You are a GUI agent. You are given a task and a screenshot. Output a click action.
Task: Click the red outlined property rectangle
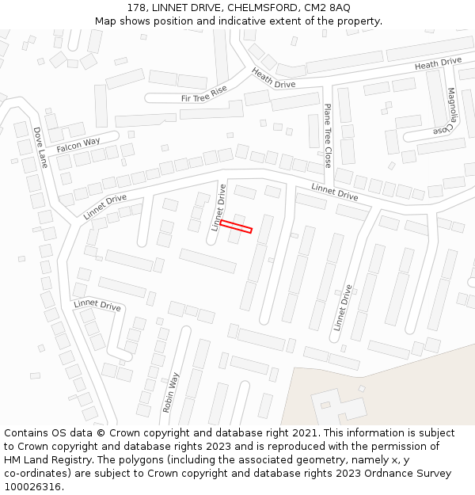tap(236, 227)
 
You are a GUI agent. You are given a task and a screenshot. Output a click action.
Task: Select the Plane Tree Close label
tap(327, 135)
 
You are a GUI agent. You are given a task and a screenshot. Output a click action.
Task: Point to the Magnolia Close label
tap(449, 110)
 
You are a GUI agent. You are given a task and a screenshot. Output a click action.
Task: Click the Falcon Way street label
tap(78, 145)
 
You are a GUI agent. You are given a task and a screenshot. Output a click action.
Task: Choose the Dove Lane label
tap(40, 148)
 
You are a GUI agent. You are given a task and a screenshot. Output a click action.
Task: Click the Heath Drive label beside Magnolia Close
tap(438, 63)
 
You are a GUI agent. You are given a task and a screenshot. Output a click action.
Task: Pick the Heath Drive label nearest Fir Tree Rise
tap(273, 78)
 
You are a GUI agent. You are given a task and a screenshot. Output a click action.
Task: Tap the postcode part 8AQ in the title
tap(339, 8)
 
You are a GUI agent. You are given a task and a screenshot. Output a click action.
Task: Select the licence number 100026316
tap(32, 487)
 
